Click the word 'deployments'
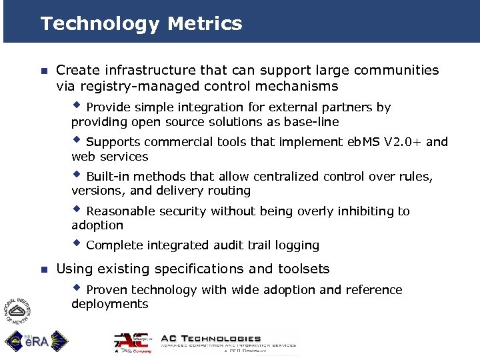click(109, 305)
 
